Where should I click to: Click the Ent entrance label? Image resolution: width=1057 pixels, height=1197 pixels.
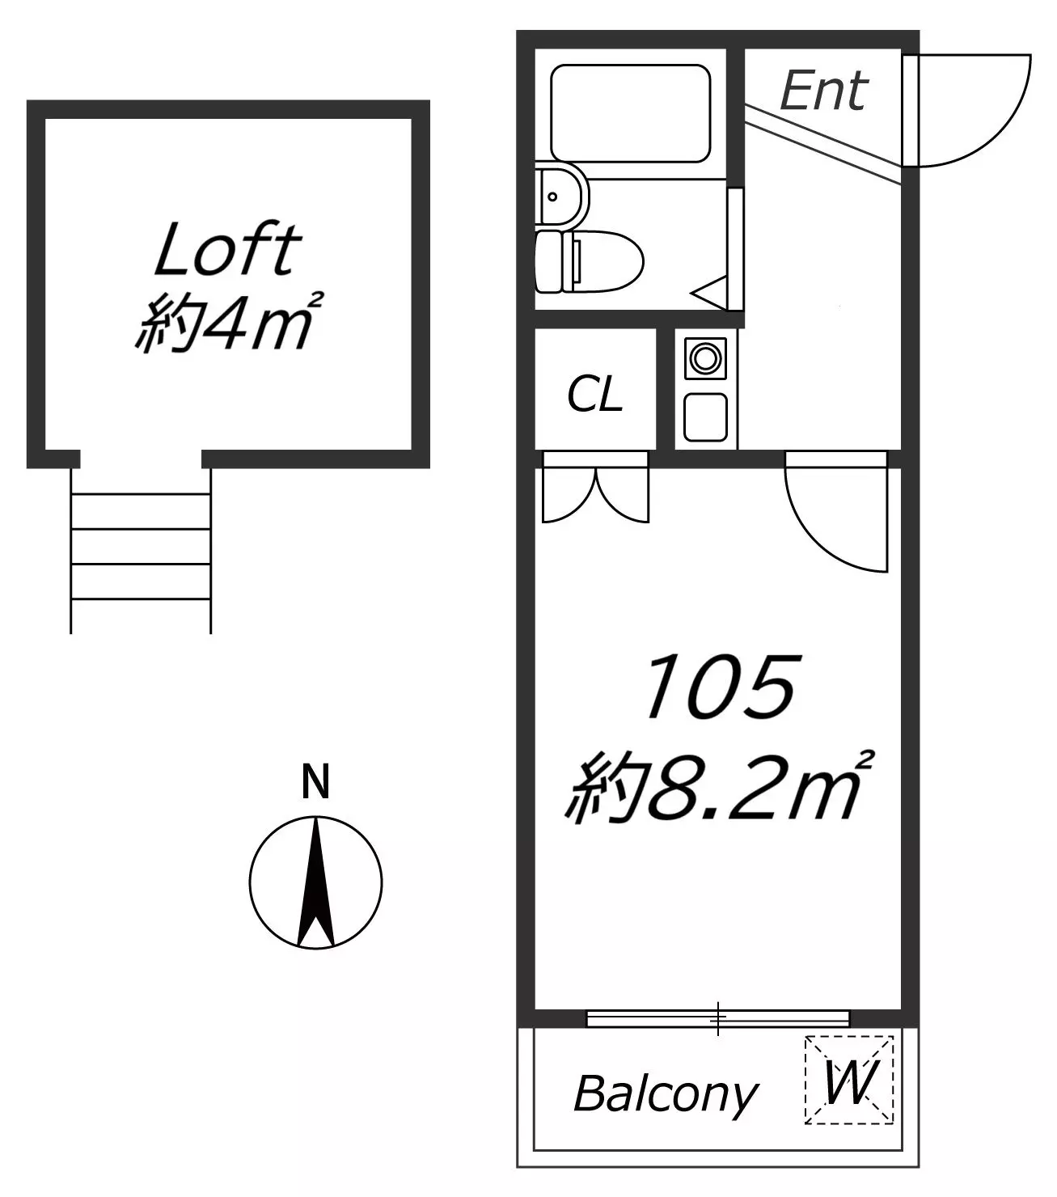click(x=823, y=91)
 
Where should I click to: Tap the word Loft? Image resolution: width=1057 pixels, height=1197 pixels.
click(x=228, y=249)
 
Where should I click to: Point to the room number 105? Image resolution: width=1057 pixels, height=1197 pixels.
click(x=721, y=687)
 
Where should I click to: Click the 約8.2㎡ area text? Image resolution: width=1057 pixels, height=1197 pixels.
click(x=719, y=788)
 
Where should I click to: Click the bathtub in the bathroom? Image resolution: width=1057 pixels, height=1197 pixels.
click(x=631, y=113)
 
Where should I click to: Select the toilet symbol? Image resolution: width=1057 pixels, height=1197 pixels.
click(x=589, y=261)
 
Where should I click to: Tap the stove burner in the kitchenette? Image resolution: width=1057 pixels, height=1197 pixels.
click(x=705, y=358)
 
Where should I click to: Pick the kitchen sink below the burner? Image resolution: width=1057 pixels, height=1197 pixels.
click(x=705, y=417)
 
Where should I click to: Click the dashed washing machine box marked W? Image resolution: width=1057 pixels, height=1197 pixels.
click(x=849, y=1081)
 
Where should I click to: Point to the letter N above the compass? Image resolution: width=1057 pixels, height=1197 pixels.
click(x=315, y=781)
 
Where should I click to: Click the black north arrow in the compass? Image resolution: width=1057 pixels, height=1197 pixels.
click(x=316, y=882)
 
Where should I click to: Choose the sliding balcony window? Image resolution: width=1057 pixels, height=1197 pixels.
click(x=718, y=1018)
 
